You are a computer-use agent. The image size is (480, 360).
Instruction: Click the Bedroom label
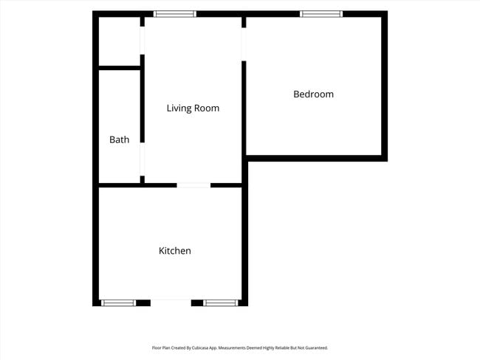tap(313, 94)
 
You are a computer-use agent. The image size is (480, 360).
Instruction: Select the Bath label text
tap(119, 139)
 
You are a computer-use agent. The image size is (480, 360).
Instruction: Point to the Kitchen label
tap(175, 251)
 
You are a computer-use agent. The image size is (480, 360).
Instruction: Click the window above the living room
tap(175, 14)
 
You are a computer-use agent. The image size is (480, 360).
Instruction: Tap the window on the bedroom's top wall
tap(321, 14)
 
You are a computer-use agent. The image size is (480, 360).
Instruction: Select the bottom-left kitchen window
tap(118, 302)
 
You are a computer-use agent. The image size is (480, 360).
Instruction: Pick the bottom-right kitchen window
tap(220, 302)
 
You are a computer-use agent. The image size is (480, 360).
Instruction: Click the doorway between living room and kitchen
tap(193, 185)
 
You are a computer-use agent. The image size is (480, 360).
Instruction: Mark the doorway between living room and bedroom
tap(244, 44)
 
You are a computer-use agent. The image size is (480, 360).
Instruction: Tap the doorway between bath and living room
tap(142, 159)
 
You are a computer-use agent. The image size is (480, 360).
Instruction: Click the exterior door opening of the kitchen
tap(171, 302)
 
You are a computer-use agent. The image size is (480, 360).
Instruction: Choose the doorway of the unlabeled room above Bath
tap(142, 41)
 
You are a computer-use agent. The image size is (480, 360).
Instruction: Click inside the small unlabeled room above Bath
tap(120, 41)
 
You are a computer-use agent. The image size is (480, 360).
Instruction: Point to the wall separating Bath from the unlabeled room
tap(120, 68)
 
